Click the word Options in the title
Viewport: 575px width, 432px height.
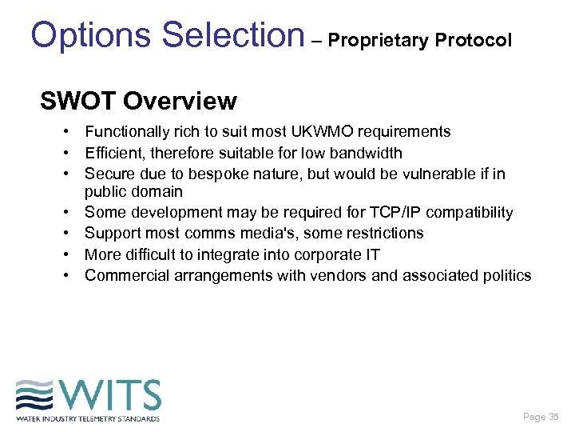pyautogui.click(x=90, y=34)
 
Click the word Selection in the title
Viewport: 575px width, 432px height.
pyautogui.click(x=232, y=34)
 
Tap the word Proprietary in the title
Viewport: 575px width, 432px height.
pyautogui.click(x=380, y=40)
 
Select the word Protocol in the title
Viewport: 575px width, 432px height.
pyautogui.click(x=474, y=40)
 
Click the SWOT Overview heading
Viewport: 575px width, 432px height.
pyautogui.click(x=138, y=102)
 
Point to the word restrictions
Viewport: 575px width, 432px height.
pyautogui.click(x=387, y=233)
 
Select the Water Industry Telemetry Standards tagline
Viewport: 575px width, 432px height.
pyautogui.click(x=87, y=418)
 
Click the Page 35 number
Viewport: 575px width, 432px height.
pyautogui.click(x=541, y=417)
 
